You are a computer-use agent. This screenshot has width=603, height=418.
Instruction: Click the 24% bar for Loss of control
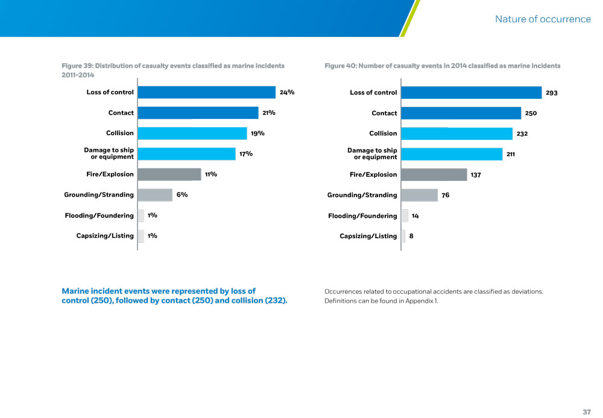(206, 92)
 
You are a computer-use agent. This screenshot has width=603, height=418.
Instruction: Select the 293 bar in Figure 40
(471, 93)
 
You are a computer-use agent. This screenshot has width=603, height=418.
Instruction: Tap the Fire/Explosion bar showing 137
(434, 175)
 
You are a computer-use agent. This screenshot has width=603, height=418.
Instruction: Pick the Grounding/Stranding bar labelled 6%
(155, 195)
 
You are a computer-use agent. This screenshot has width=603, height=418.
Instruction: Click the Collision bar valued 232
(456, 134)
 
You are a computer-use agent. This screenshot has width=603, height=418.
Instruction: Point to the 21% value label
(269, 113)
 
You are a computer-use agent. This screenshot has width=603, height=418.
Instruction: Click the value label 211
(511, 154)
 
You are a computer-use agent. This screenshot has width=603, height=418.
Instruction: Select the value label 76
(446, 195)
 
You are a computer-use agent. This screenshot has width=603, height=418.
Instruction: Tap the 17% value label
(245, 154)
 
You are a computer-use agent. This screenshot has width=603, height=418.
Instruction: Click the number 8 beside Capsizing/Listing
(411, 236)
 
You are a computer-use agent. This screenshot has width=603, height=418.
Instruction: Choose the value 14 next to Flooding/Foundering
(415, 216)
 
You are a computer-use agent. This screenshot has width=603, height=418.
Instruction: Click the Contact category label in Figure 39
(121, 113)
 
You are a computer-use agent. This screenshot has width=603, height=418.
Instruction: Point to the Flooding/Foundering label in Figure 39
(99, 215)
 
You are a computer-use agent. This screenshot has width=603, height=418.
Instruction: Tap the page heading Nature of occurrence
(543, 19)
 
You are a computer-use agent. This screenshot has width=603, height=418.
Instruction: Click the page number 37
(587, 411)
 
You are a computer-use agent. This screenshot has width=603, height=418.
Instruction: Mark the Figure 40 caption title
(442, 66)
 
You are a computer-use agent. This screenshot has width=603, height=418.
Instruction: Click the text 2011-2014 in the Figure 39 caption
(78, 75)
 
